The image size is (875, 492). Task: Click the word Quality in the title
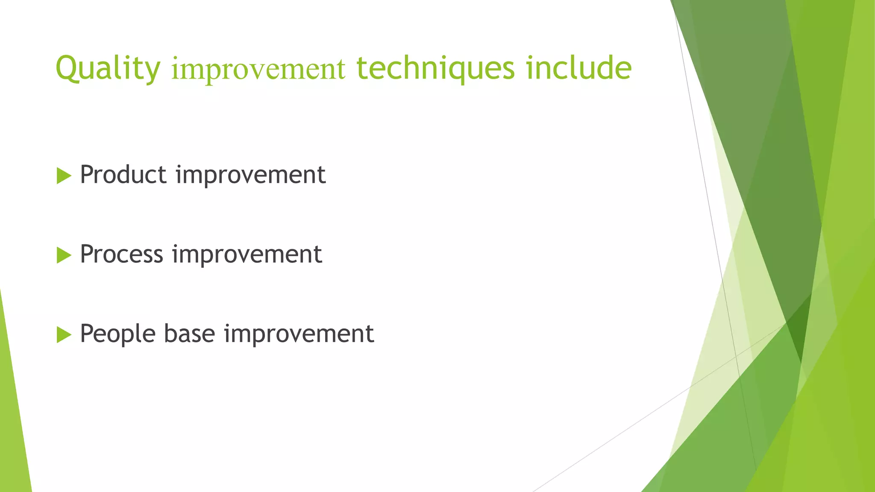[108, 68]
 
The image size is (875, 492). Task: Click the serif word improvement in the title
[258, 69]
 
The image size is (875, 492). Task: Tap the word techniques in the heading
[435, 68]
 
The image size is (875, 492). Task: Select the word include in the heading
[578, 68]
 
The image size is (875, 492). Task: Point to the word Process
[121, 254]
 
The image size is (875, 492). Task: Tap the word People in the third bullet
[117, 334]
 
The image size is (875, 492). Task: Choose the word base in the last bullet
[189, 334]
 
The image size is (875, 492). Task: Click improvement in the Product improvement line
[250, 176]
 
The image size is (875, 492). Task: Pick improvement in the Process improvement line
[247, 255]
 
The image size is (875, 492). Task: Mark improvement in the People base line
[299, 334]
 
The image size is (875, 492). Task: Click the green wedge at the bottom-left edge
[13, 427]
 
